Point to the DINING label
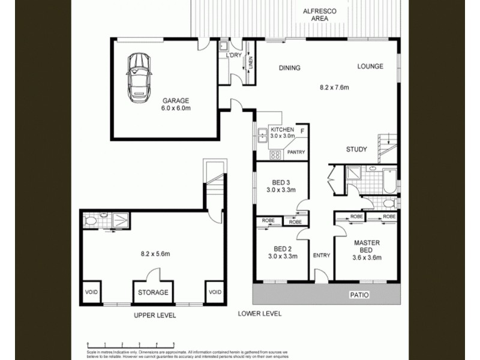(x=289, y=68)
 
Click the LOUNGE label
(x=370, y=67)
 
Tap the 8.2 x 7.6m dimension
(x=334, y=88)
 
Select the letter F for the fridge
(x=302, y=131)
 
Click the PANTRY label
(x=296, y=152)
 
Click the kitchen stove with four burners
(x=275, y=154)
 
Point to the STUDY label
(x=356, y=149)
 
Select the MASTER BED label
(x=366, y=247)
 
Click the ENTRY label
(x=322, y=256)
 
